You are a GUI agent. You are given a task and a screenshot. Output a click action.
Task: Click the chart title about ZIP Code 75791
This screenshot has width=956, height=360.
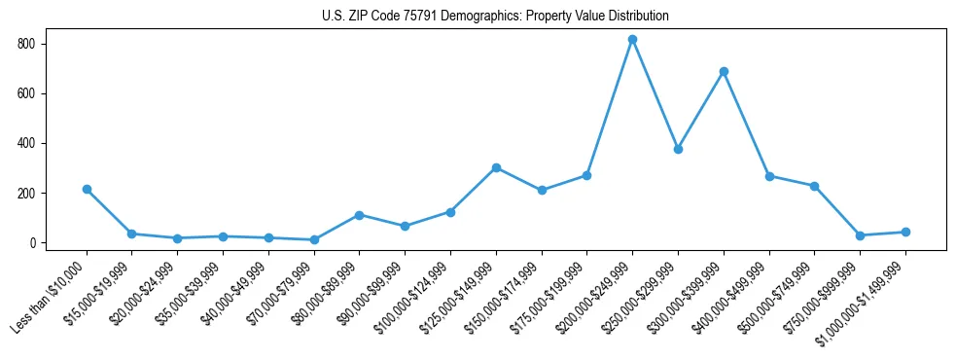tap(495, 17)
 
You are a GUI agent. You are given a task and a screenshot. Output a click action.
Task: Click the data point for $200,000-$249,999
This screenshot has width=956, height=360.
tap(632, 40)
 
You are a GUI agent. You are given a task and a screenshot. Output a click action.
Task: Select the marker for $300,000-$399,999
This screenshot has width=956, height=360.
tap(724, 71)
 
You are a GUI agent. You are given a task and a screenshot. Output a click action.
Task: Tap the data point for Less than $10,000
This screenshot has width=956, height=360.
tap(87, 189)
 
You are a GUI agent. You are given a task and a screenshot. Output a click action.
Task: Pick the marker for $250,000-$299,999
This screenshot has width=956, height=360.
tap(678, 149)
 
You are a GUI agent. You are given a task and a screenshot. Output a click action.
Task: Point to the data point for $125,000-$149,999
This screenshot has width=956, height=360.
tap(496, 167)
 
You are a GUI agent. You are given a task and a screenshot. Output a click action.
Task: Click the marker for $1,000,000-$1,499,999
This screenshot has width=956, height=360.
tap(905, 232)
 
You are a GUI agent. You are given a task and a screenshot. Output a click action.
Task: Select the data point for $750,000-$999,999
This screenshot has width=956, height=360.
tap(860, 235)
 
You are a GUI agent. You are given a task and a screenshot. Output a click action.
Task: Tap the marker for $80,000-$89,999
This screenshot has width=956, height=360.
tap(360, 215)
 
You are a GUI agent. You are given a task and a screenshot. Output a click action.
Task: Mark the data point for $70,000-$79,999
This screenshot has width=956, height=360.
tap(314, 239)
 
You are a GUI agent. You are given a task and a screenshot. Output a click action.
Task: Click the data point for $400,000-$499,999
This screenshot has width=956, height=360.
tap(769, 176)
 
